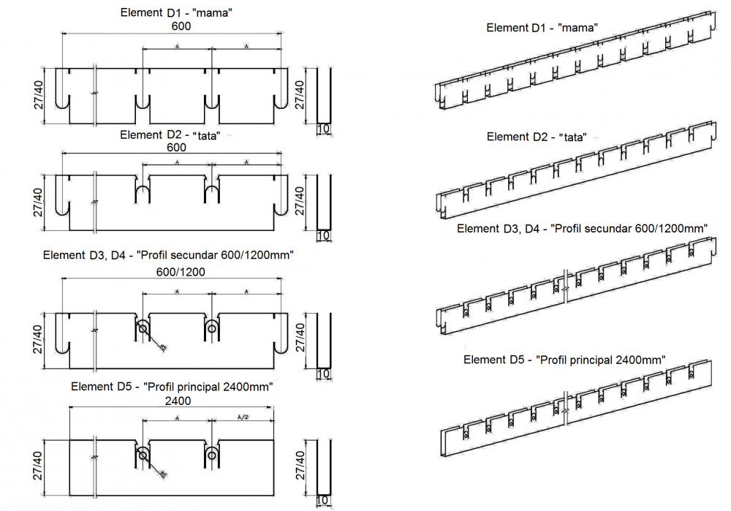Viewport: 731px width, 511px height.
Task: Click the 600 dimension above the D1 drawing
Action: pyautogui.click(x=181, y=26)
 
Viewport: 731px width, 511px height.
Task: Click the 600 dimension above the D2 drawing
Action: pyautogui.click(x=176, y=147)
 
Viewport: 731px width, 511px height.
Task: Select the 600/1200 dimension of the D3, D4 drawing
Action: pyautogui.click(x=181, y=271)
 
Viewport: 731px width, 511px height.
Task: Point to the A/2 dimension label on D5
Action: pyautogui.click(x=246, y=417)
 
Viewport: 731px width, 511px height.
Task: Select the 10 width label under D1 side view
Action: pyautogui.click(x=324, y=129)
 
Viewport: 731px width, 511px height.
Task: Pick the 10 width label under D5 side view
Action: pyautogui.click(x=324, y=501)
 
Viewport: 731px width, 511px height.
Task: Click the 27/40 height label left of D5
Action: pyautogui.click(x=39, y=464)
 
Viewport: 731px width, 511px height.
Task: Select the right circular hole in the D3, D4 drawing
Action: pyautogui.click(x=212, y=327)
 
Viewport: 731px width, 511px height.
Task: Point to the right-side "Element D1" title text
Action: pyautogui.click(x=518, y=28)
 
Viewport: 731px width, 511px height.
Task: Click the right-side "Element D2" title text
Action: pyautogui.click(x=518, y=137)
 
